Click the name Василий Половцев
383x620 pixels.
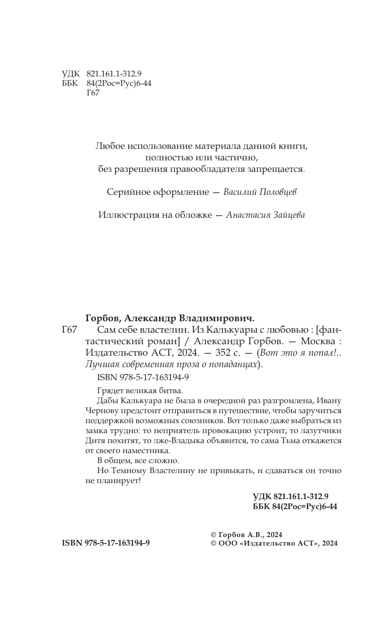tap(261, 192)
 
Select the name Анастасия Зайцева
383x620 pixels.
tap(265, 215)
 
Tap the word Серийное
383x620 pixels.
tap(127, 192)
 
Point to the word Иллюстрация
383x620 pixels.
tap(123, 215)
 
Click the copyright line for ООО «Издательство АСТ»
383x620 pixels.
tap(275, 544)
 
